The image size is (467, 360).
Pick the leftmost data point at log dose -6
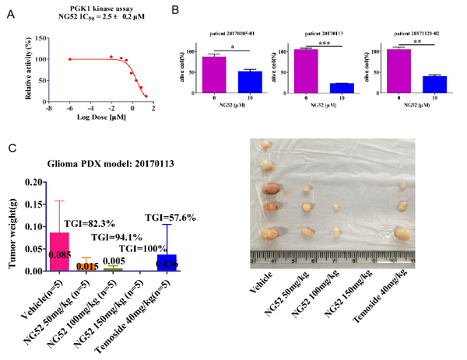pos(69,59)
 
